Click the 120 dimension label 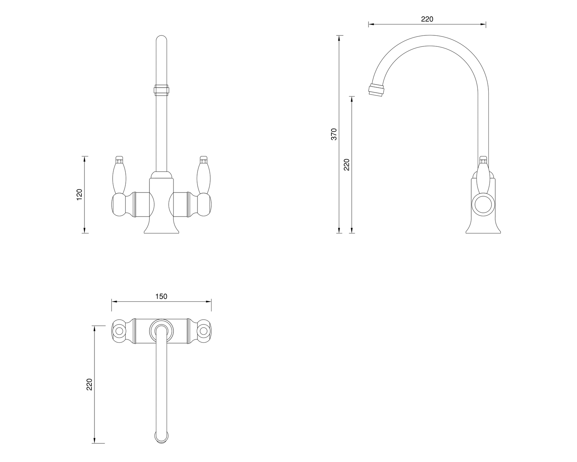click(80, 195)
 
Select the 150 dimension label click(161, 296)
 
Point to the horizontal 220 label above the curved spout click(427, 19)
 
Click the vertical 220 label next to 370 click(347, 165)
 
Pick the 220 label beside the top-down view click(90, 384)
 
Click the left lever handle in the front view click(119, 175)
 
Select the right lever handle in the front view click(203, 175)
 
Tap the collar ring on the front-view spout click(161, 90)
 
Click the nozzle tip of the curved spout click(377, 90)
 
